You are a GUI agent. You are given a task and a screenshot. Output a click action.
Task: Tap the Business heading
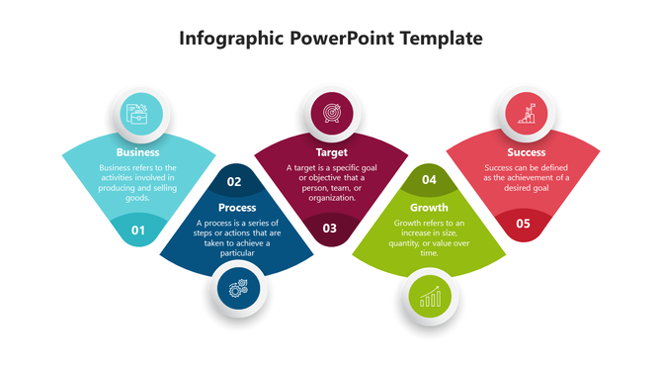137,152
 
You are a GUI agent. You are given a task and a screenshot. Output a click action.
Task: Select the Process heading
237,208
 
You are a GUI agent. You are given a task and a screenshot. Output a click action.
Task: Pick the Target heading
331,152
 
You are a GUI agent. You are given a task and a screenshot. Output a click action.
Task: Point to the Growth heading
429,208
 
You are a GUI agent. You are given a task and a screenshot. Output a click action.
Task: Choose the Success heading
526,152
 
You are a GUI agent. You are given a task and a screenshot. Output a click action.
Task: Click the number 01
138,231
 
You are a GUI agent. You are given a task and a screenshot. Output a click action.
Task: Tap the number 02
234,181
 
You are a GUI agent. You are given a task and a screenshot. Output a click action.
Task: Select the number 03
330,229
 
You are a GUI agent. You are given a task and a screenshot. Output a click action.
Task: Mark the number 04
429,180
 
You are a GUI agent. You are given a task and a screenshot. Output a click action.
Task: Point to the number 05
523,224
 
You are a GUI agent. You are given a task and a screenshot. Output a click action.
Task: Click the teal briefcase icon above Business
138,113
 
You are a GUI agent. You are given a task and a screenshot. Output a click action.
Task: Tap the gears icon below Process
238,288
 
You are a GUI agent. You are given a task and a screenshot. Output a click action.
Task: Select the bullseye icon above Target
331,113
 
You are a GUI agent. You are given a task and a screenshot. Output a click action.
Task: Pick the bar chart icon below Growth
430,297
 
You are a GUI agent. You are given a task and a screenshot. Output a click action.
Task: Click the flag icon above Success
526,113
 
